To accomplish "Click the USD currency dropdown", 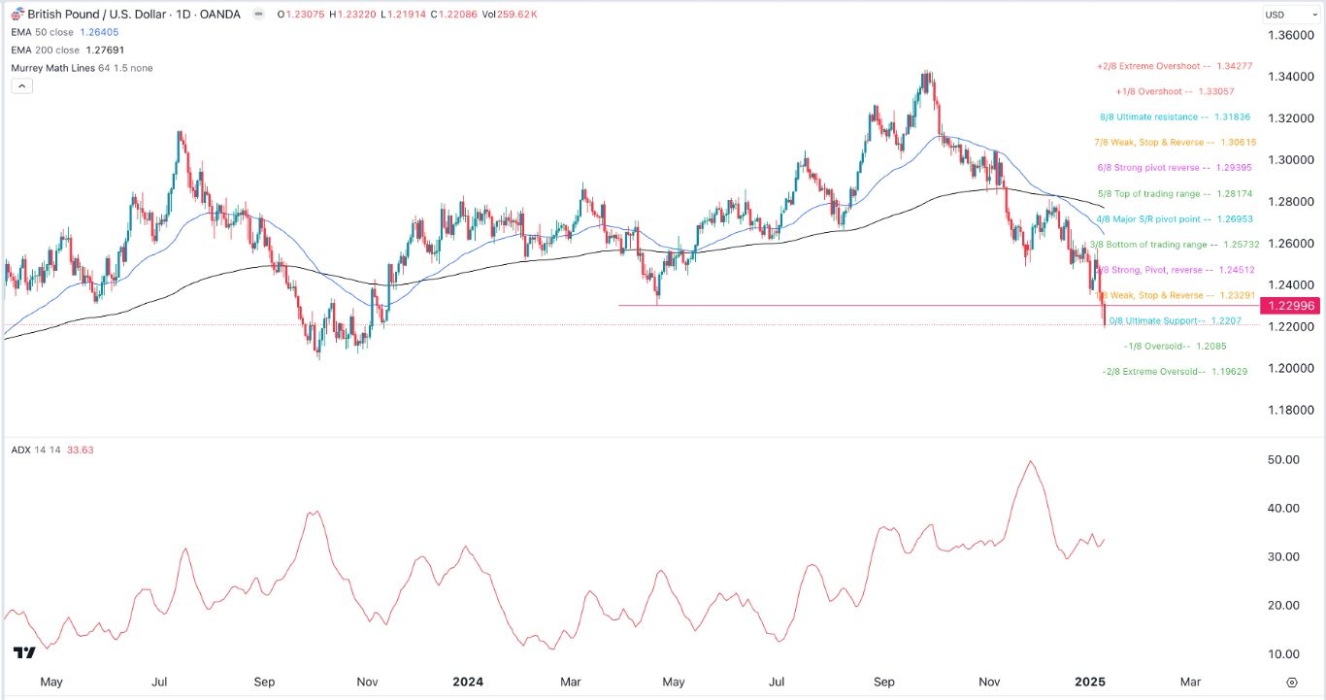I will (x=1288, y=15).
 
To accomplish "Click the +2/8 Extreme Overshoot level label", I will (x=1173, y=66).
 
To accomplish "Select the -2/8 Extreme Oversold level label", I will (x=1175, y=371).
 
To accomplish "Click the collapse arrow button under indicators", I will (x=21, y=85).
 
